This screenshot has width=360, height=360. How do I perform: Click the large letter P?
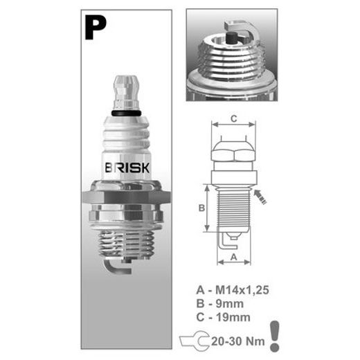[96, 28]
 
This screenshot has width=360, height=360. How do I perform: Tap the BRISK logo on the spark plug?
[127, 168]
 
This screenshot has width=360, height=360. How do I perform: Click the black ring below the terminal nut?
[126, 113]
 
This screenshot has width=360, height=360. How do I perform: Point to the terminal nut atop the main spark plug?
[126, 93]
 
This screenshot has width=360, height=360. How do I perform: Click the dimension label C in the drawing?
[234, 119]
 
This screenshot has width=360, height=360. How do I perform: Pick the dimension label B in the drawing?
[201, 208]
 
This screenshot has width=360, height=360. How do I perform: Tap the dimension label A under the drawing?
[234, 257]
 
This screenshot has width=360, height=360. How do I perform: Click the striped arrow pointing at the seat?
[260, 197]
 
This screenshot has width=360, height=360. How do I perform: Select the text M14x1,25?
[242, 290]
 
